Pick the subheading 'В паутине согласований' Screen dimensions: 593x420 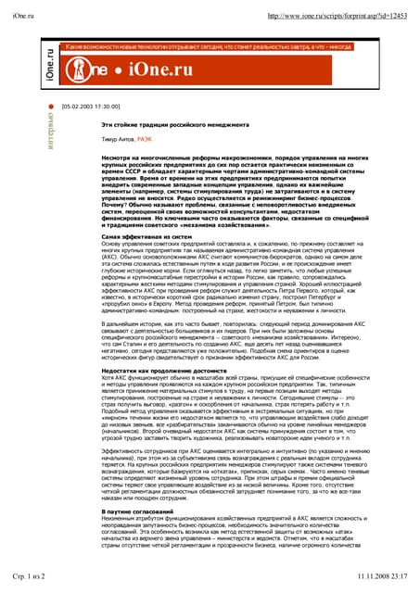click(135, 511)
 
